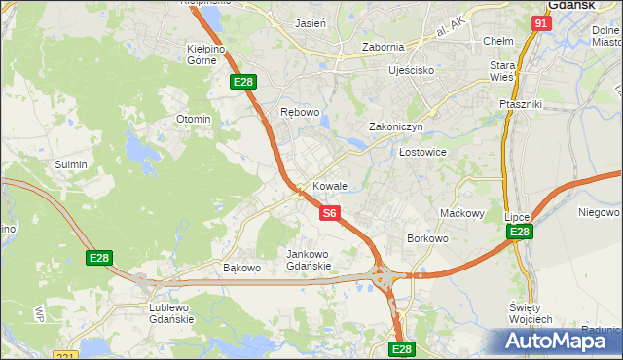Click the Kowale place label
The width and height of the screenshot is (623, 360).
[x=330, y=185]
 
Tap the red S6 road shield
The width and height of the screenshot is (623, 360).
[x=330, y=212]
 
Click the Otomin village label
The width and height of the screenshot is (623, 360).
[x=193, y=119]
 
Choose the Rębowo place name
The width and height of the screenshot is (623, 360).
[x=300, y=112]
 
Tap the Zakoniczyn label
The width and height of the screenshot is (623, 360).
[x=394, y=126]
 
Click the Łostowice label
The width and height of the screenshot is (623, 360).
[x=422, y=153]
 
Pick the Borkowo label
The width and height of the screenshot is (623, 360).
[x=426, y=237]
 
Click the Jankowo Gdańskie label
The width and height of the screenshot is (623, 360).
[x=310, y=260]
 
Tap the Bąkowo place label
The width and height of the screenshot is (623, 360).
[x=242, y=267]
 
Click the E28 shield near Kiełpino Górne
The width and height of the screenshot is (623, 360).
[x=243, y=84]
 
